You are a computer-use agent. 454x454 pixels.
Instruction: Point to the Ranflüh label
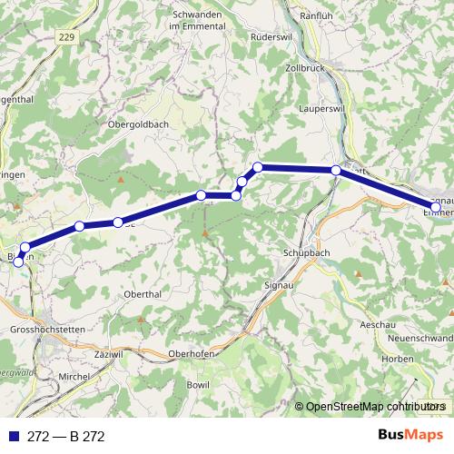click(324, 15)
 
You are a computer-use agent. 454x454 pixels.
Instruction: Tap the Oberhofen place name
click(192, 353)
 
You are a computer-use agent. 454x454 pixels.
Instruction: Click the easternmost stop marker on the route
click(436, 208)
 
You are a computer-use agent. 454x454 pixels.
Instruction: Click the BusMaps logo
click(410, 435)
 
